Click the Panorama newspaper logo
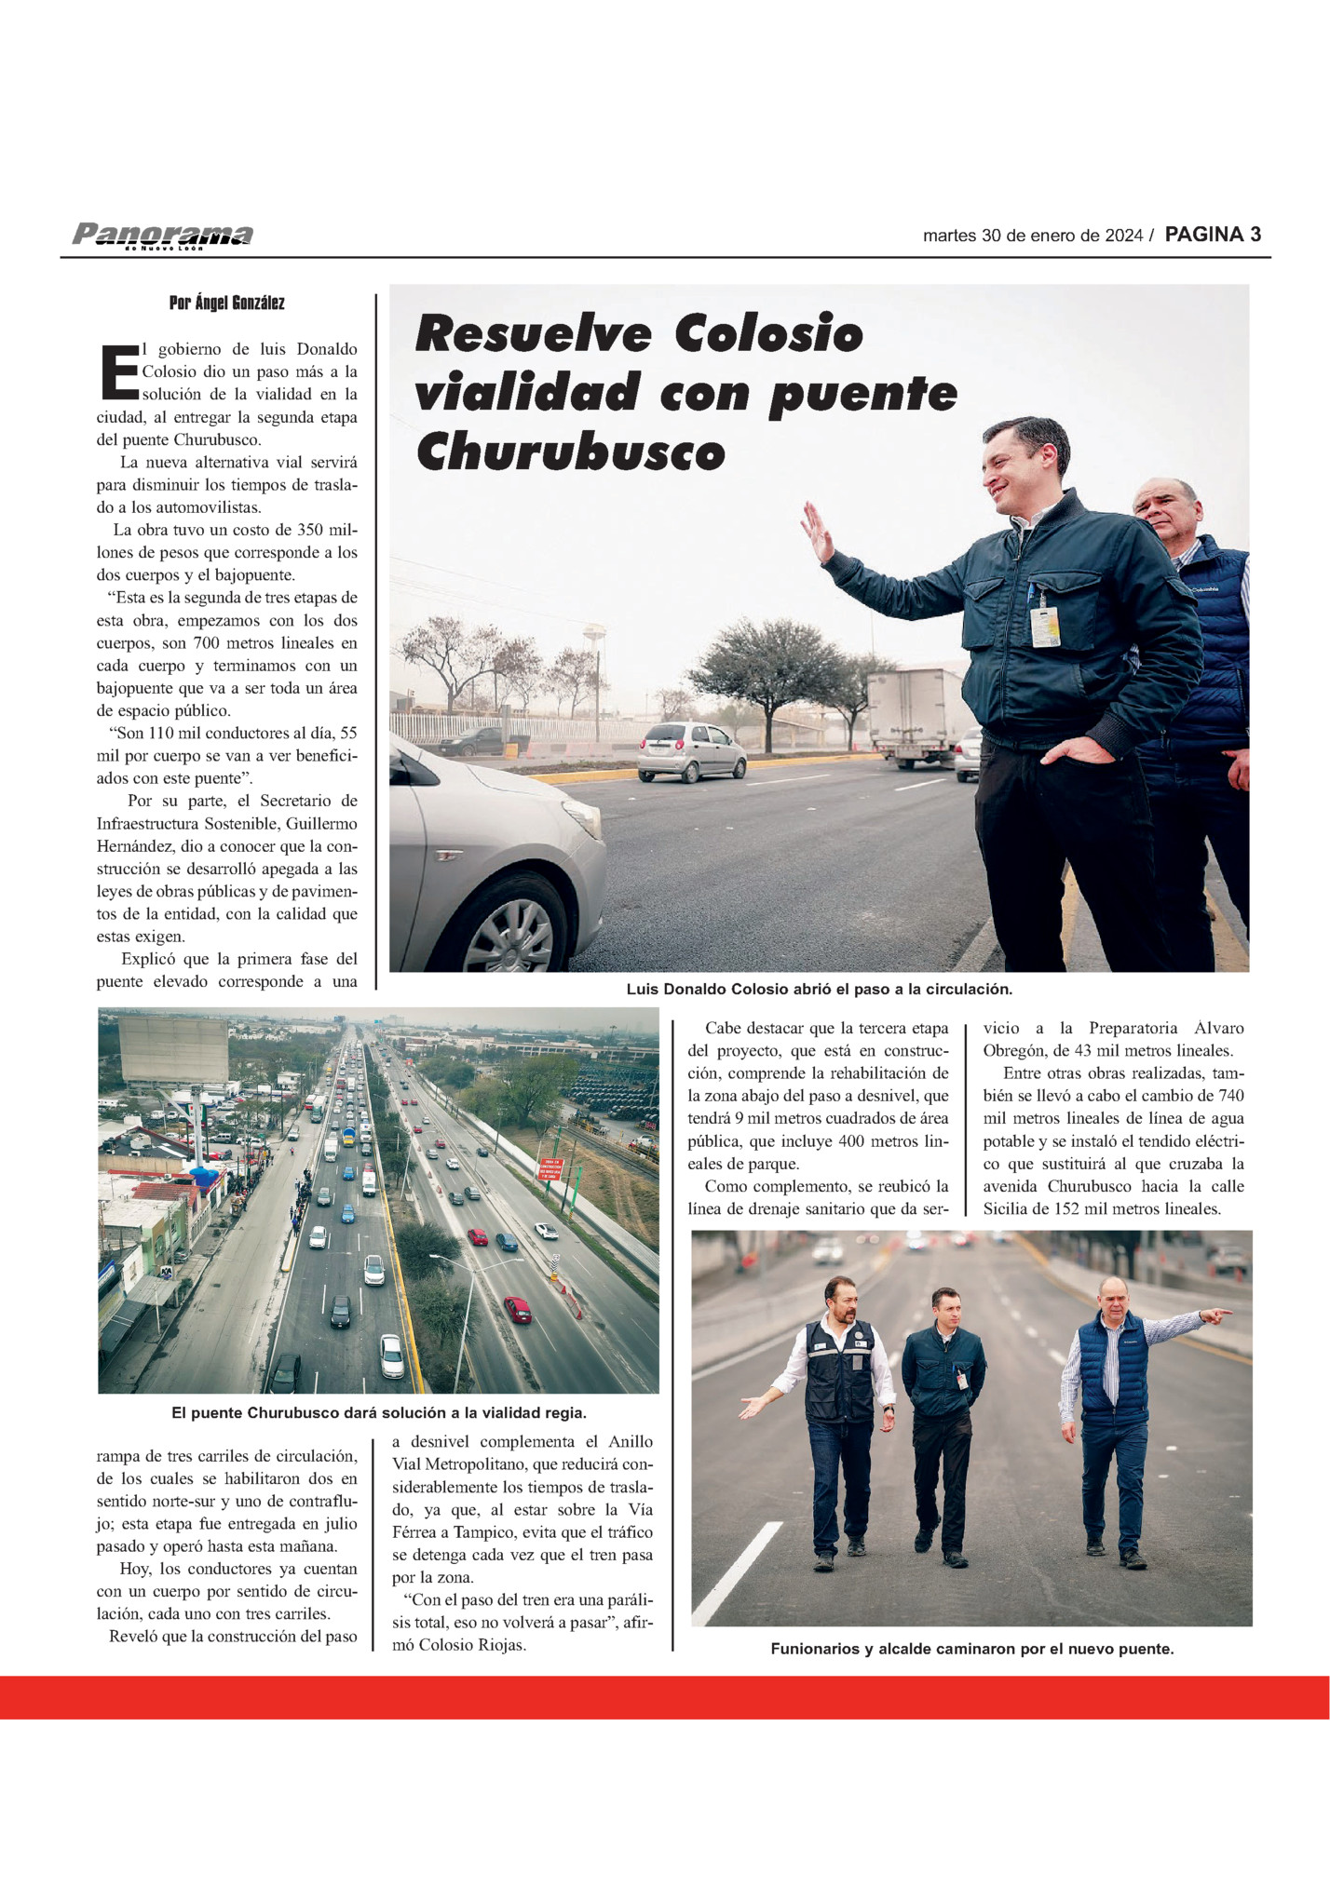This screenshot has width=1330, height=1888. (x=162, y=235)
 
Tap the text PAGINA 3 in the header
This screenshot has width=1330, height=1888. (x=1213, y=235)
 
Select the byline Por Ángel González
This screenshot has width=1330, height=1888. (x=226, y=303)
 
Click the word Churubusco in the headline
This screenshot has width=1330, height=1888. (x=570, y=452)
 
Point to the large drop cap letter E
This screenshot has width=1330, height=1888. (x=117, y=371)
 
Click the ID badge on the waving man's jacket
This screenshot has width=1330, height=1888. (x=1044, y=625)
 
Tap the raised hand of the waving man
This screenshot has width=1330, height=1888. (x=817, y=533)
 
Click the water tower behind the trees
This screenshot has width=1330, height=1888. (x=594, y=642)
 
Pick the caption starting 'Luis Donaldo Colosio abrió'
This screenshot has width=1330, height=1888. (x=819, y=989)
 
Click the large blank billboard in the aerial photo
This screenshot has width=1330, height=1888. (x=174, y=1048)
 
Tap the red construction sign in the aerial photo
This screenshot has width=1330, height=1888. (x=550, y=1169)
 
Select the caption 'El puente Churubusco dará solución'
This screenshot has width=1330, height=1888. (x=378, y=1412)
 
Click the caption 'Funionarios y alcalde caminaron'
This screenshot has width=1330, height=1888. (x=971, y=1649)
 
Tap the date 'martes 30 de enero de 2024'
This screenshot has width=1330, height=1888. (x=1032, y=236)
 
